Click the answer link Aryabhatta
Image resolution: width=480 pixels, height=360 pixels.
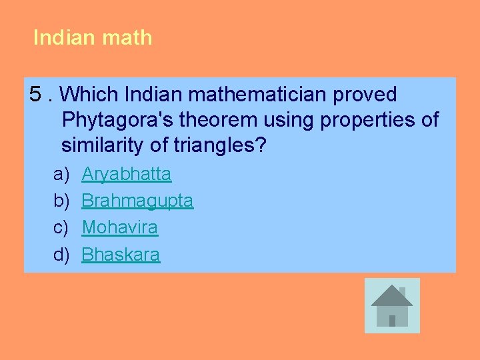click(126, 175)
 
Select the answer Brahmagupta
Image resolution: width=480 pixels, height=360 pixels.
click(137, 201)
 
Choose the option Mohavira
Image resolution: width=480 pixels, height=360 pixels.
click(120, 228)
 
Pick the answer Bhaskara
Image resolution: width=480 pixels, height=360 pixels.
click(121, 255)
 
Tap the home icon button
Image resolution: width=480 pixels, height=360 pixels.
click(392, 305)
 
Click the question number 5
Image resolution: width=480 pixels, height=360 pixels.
click(37, 95)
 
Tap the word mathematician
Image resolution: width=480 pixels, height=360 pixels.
click(243, 95)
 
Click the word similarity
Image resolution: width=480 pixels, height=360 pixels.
click(104, 145)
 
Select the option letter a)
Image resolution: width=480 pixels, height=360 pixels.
click(61, 175)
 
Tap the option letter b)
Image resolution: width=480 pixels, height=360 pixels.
click(61, 201)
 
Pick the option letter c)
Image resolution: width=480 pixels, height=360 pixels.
click(61, 228)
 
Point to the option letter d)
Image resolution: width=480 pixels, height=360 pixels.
click(61, 255)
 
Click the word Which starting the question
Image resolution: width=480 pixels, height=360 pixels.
click(93, 95)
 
